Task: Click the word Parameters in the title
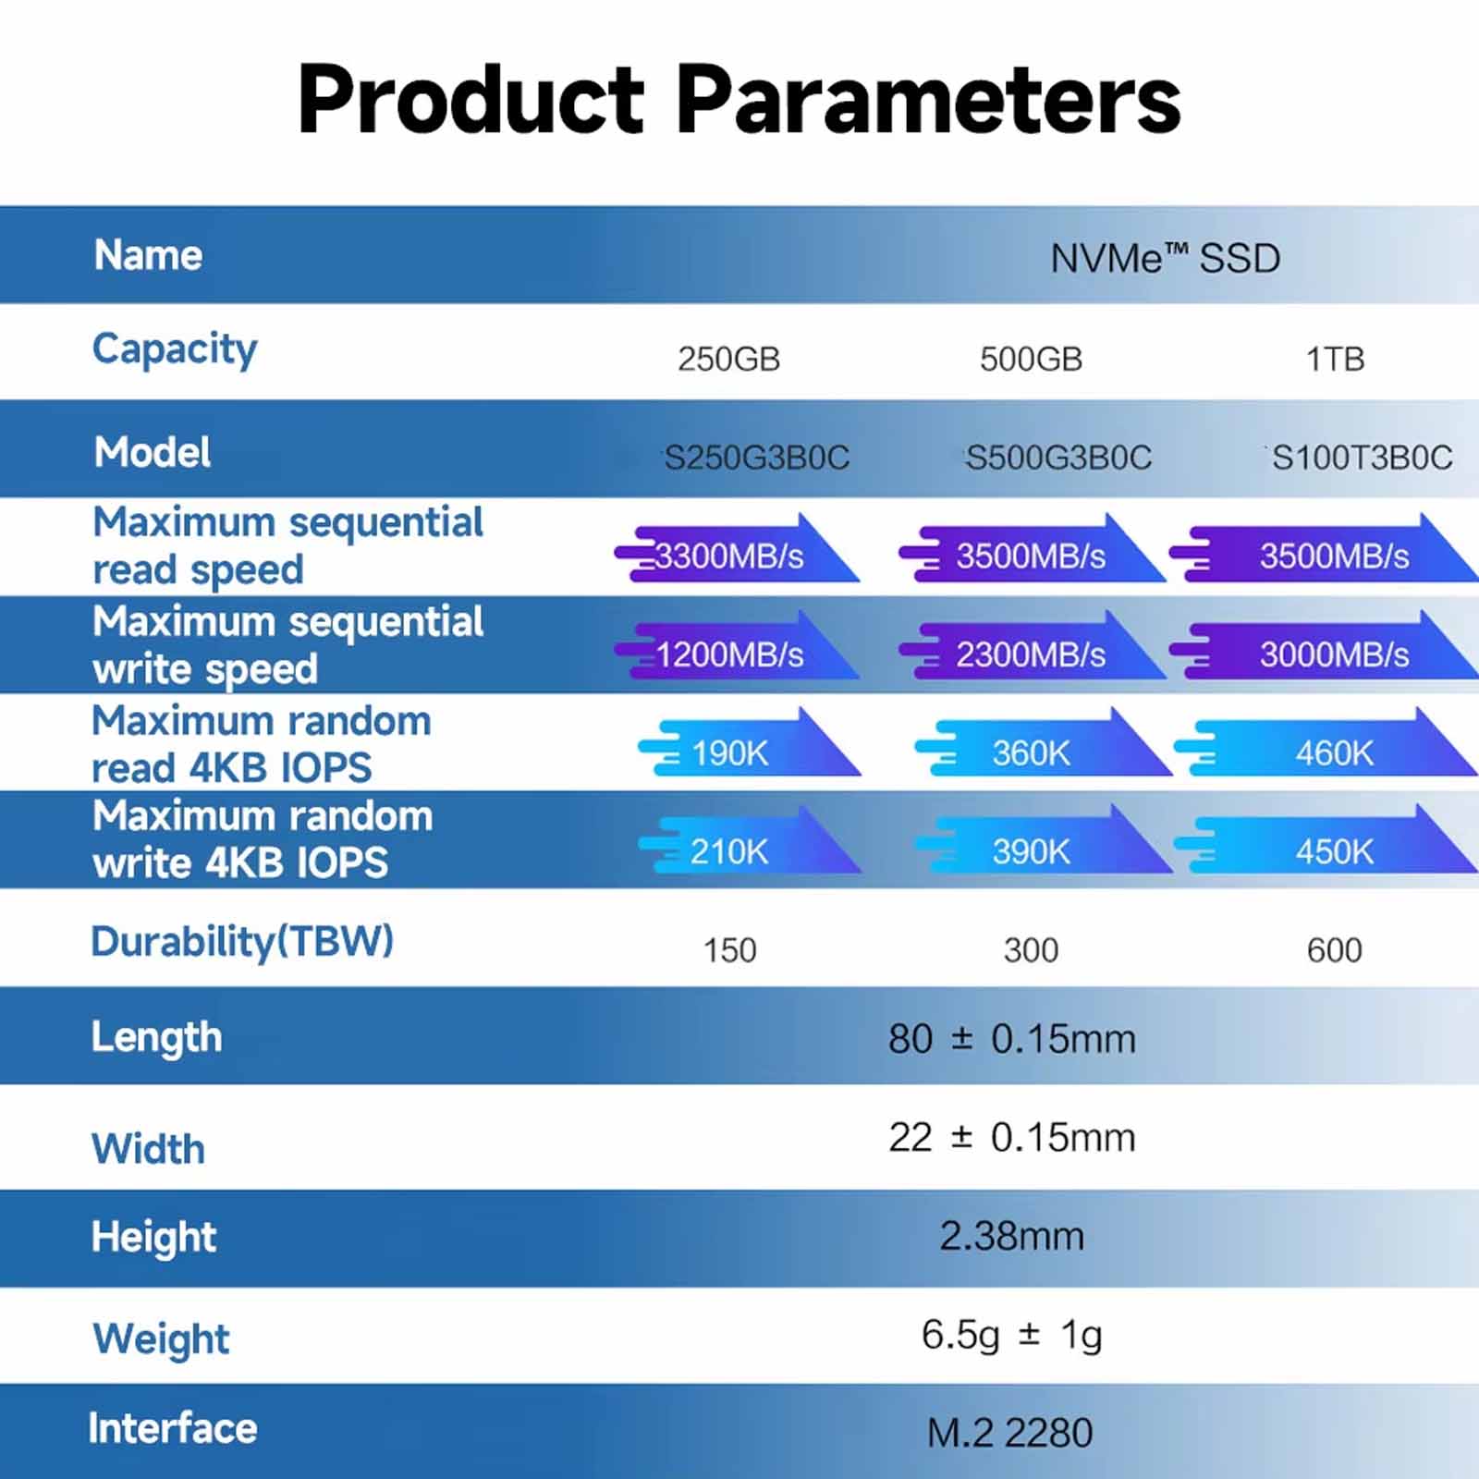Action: (x=928, y=99)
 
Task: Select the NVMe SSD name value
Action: (x=1165, y=258)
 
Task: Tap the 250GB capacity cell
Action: (x=728, y=359)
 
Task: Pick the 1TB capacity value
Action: (x=1335, y=359)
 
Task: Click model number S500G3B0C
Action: (x=1058, y=458)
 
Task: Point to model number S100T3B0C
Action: (x=1362, y=458)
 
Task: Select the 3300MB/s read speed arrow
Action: (x=737, y=549)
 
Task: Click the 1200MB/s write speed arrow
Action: (x=737, y=647)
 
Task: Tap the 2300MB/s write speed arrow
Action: (x=1033, y=647)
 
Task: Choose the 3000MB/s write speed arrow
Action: (x=1324, y=647)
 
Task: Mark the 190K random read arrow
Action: (x=749, y=743)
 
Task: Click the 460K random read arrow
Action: (x=1326, y=743)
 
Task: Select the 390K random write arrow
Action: (x=1044, y=840)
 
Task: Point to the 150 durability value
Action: (x=729, y=950)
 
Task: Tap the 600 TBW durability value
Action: (x=1334, y=950)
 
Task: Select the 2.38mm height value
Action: (x=1011, y=1236)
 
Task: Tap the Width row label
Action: (x=148, y=1149)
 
